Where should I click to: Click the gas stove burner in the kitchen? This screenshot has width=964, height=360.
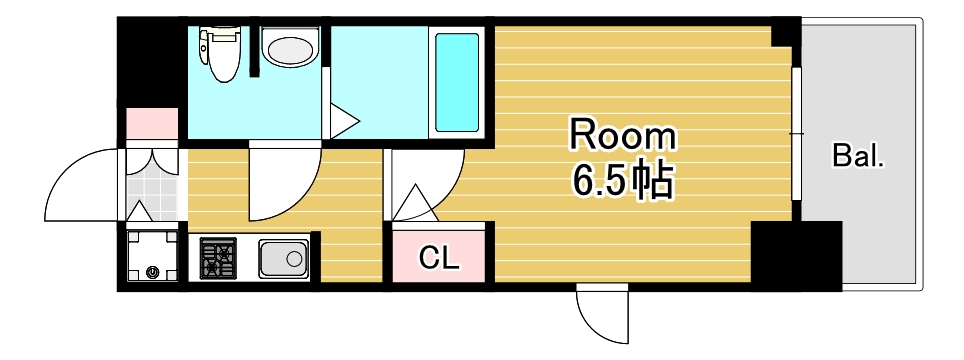(x=218, y=259)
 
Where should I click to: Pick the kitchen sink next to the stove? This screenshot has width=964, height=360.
(x=284, y=260)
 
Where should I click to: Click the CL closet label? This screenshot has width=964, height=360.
(x=439, y=259)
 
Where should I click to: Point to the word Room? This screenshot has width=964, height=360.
(x=622, y=136)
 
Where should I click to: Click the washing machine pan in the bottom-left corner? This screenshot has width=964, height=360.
(x=152, y=257)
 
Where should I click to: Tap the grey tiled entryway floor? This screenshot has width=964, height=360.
(x=152, y=184)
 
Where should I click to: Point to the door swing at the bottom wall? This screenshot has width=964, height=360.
(x=599, y=315)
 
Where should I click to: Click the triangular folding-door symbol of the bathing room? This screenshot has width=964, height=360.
(x=342, y=123)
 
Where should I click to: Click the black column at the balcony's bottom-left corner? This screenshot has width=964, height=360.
(x=796, y=256)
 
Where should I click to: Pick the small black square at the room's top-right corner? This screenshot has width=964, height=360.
(x=786, y=33)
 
